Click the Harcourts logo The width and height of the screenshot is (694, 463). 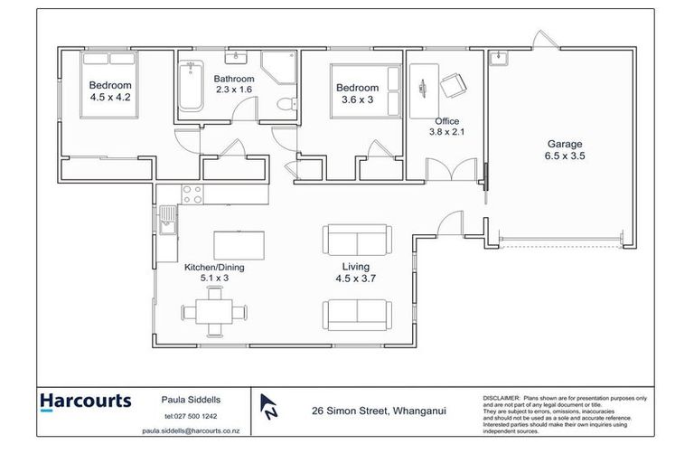click(x=86, y=402)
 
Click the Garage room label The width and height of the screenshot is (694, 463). click(x=565, y=144)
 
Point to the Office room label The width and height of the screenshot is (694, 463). click(x=446, y=121)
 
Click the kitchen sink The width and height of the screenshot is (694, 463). click(x=167, y=220)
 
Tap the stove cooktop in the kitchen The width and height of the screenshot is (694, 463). click(x=192, y=193)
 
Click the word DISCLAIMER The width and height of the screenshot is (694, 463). click(x=502, y=397)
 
